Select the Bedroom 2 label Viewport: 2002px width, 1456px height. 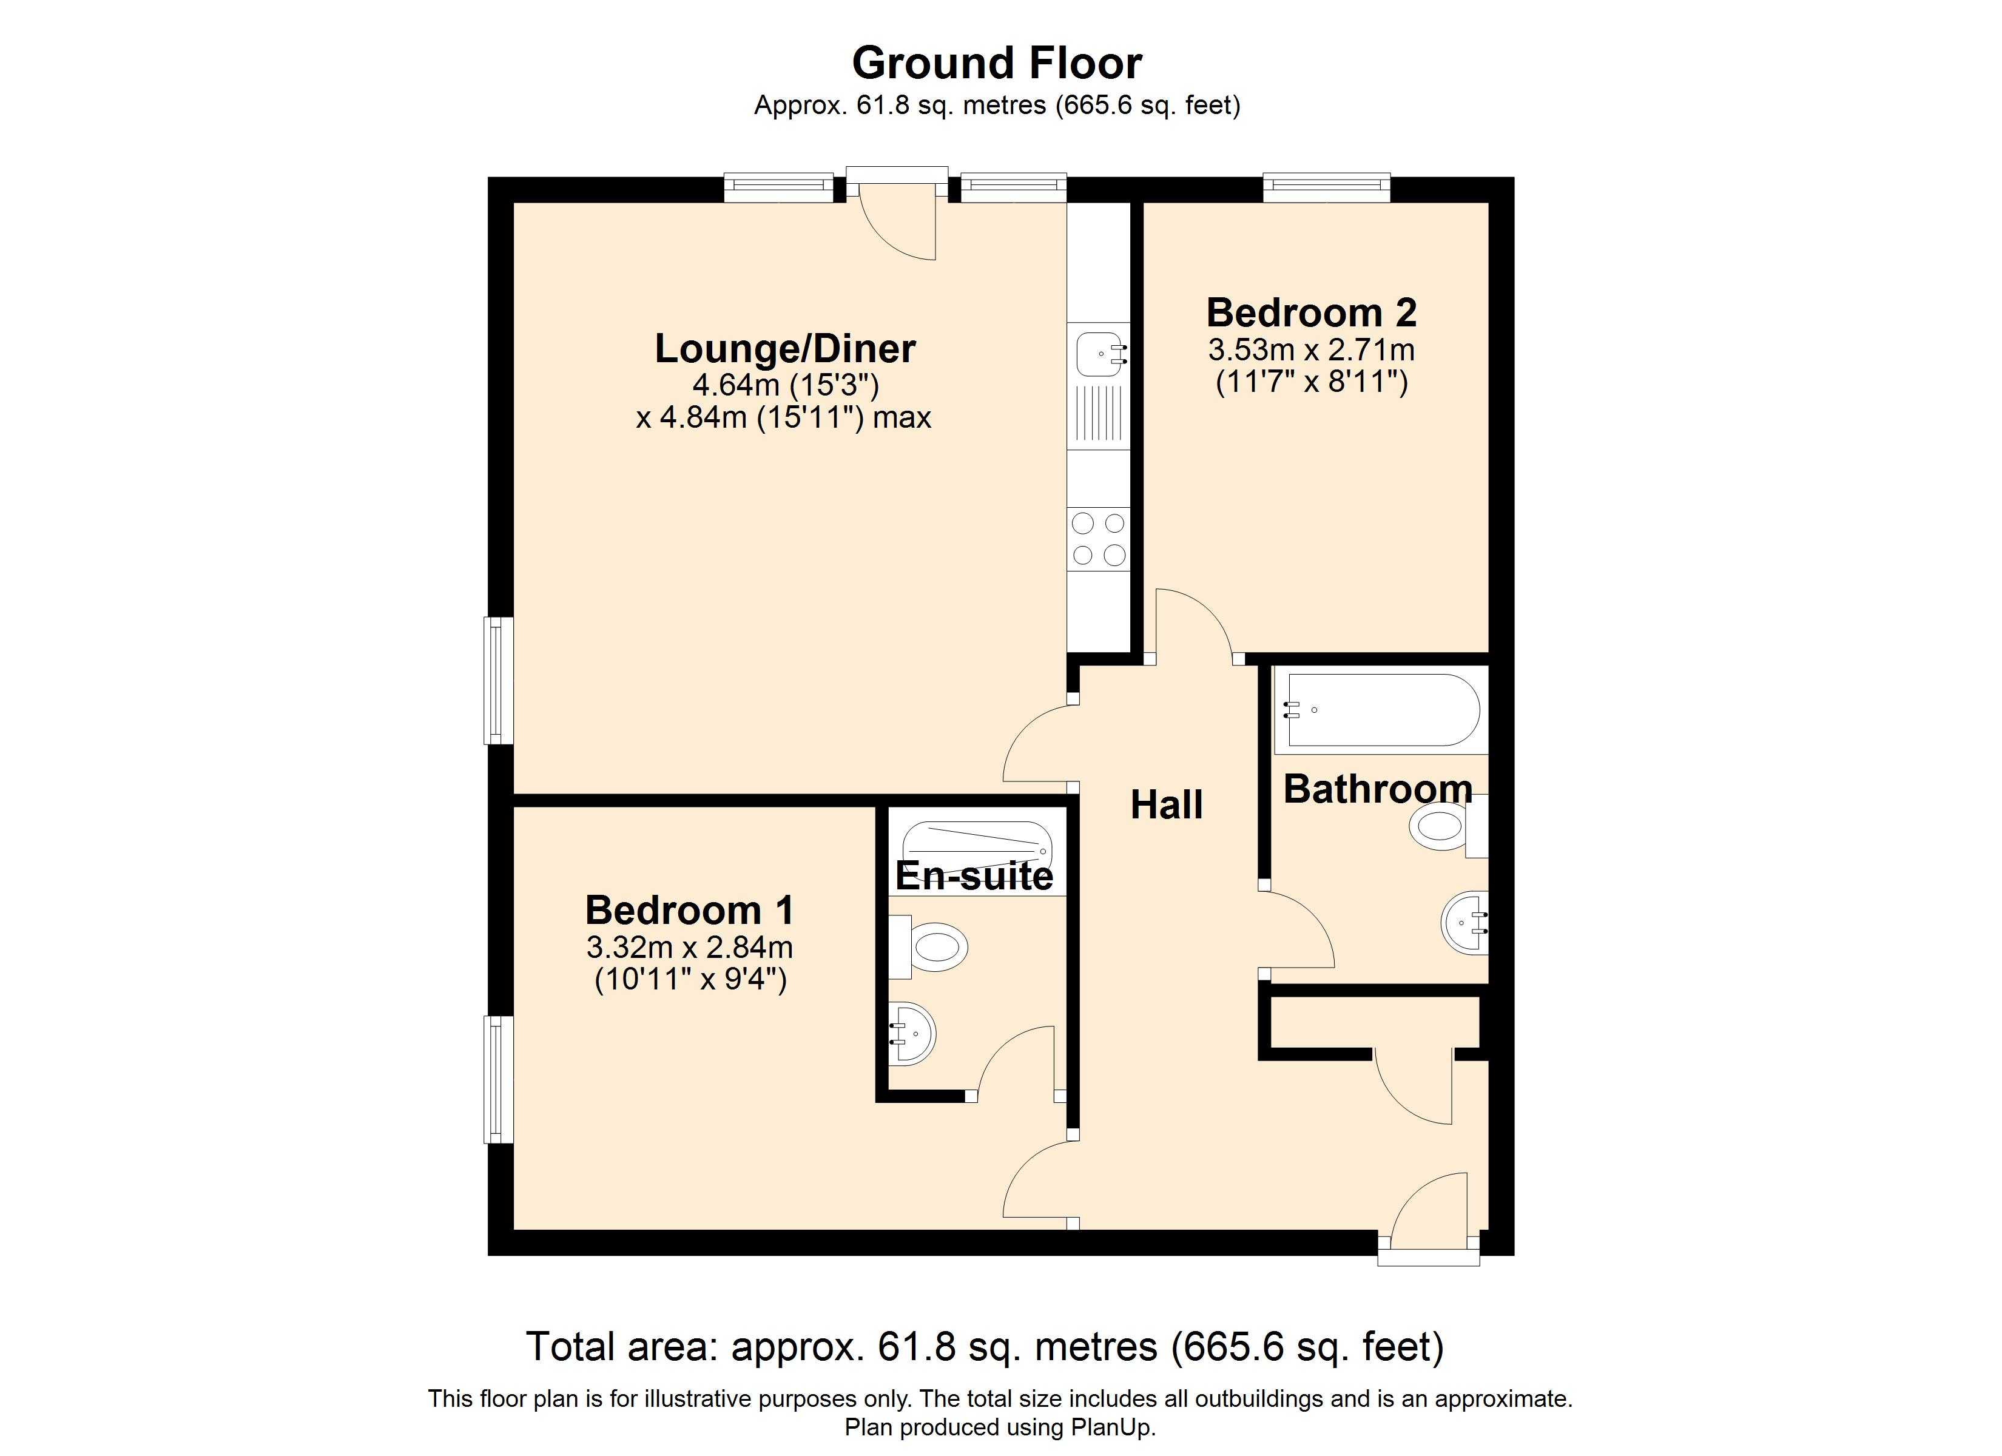click(1312, 312)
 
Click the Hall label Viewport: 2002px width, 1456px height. click(1166, 804)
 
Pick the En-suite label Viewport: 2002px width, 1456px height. click(974, 876)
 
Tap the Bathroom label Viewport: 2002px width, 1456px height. click(1378, 789)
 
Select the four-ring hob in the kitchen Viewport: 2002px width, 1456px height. click(1098, 539)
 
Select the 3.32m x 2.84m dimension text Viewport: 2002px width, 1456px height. click(689, 948)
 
